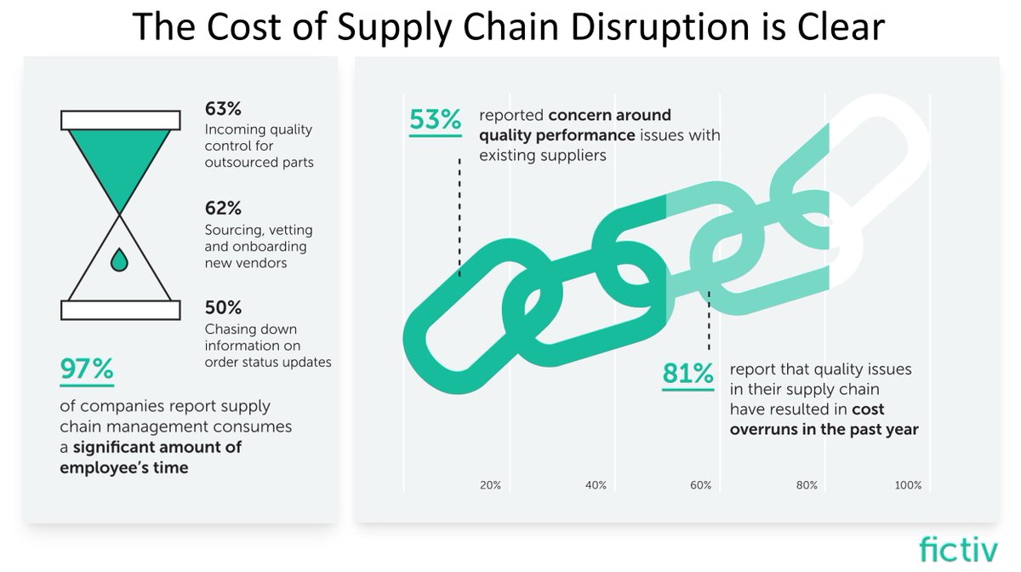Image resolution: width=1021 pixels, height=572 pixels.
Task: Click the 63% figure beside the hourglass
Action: pyautogui.click(x=223, y=109)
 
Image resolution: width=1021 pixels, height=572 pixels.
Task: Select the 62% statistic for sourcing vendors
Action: pyautogui.click(x=223, y=209)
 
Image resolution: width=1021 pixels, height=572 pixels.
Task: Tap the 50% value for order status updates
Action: pyautogui.click(x=223, y=307)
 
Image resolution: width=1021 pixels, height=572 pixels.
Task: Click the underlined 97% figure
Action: pyautogui.click(x=86, y=369)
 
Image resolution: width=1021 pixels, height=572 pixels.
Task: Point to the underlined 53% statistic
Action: pyautogui.click(x=435, y=120)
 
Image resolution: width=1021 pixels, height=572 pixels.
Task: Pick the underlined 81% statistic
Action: pyautogui.click(x=687, y=374)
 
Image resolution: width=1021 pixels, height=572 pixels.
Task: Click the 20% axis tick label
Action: pyautogui.click(x=490, y=485)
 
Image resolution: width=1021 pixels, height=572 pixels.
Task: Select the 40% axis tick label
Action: pyautogui.click(x=596, y=485)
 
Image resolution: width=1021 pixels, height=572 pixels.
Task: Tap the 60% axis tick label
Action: pyautogui.click(x=700, y=485)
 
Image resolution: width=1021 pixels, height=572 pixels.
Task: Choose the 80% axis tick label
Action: pyautogui.click(x=807, y=485)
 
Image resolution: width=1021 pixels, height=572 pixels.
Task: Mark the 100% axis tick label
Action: pyautogui.click(x=908, y=485)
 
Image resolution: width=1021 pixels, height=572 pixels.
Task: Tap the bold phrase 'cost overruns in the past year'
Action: pyautogui.click(x=824, y=420)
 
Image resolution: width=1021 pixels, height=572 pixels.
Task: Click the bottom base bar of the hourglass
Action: pyautogui.click(x=120, y=310)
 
